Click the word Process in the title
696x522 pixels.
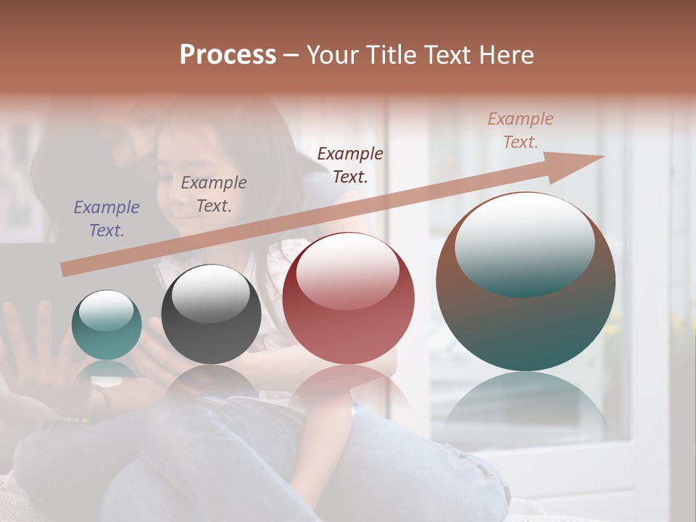(x=228, y=55)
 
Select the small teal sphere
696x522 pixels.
(x=107, y=326)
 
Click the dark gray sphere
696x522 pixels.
(x=211, y=315)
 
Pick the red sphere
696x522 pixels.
(x=348, y=299)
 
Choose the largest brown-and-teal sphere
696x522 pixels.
(x=526, y=282)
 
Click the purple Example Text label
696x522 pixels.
(x=107, y=219)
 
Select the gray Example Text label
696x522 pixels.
(x=214, y=194)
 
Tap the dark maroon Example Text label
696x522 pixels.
(x=350, y=165)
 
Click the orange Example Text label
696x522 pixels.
(x=521, y=130)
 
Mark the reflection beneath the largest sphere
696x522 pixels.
(x=526, y=406)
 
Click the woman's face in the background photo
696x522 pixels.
(x=181, y=181)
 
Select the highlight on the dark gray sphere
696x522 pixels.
(x=211, y=294)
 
